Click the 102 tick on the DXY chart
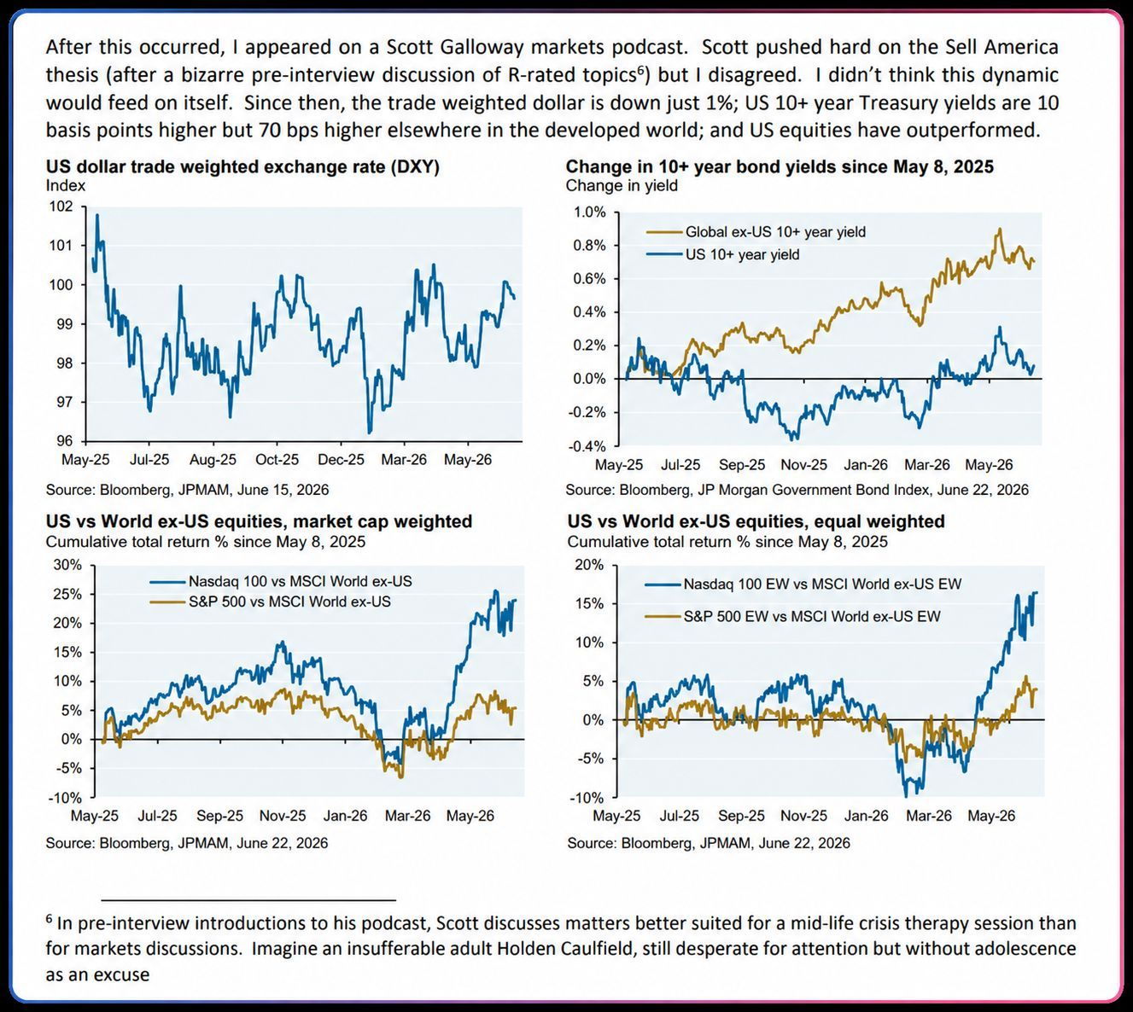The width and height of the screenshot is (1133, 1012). point(61,206)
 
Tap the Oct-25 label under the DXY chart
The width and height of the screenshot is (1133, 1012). point(277,460)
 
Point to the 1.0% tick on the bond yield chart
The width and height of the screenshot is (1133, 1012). point(589,212)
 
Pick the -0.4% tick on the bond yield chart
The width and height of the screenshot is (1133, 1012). point(587,446)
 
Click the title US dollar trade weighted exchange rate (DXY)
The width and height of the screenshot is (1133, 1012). point(242,166)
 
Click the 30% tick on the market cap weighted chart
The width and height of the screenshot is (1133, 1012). point(67,565)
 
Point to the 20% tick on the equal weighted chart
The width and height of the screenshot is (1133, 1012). point(589,565)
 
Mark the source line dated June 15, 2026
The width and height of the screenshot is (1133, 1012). point(187,490)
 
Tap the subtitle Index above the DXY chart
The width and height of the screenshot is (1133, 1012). point(66,185)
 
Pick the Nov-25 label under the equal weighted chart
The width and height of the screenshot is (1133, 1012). point(803,816)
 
